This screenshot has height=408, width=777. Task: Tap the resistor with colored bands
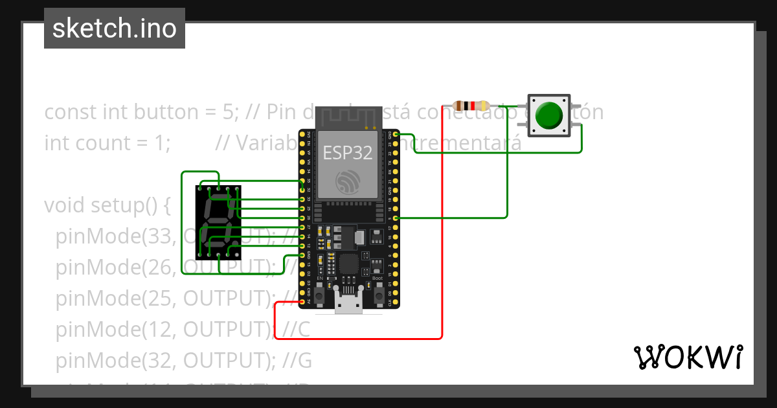(x=471, y=106)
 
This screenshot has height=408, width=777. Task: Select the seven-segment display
(x=218, y=220)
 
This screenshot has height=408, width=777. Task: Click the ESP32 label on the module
(x=348, y=152)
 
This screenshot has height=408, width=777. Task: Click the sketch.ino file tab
(x=115, y=28)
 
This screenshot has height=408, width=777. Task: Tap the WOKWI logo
(x=687, y=357)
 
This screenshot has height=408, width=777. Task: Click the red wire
(x=442, y=259)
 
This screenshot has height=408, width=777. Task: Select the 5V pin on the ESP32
(x=302, y=302)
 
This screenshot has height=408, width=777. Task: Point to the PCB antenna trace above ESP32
(x=348, y=119)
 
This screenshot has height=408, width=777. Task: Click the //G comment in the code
(x=297, y=361)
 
